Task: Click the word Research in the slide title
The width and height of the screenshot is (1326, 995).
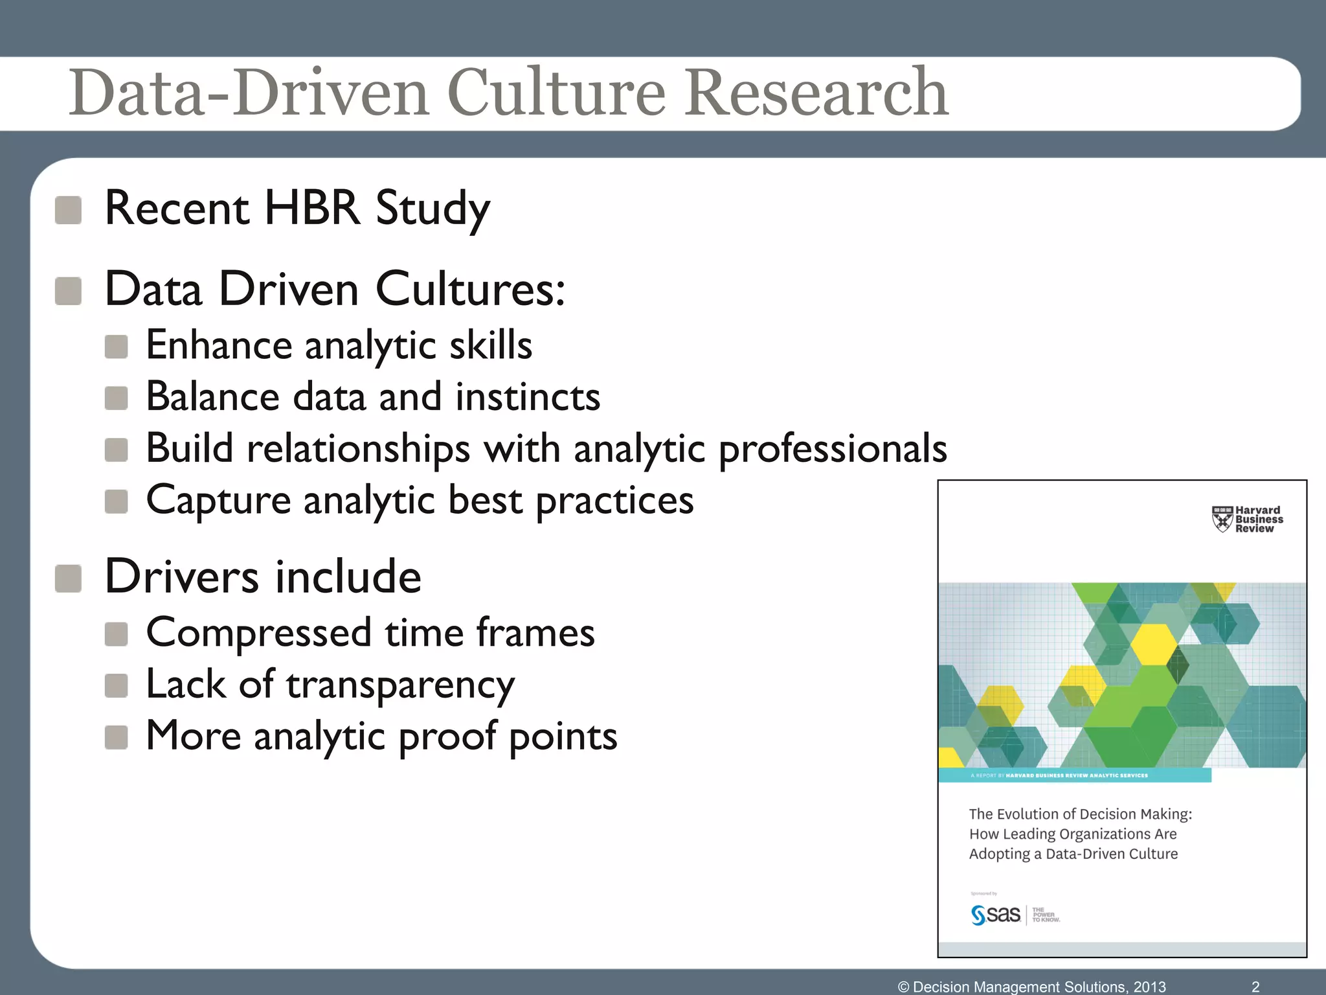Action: pyautogui.click(x=817, y=93)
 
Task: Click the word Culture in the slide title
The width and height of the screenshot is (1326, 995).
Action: pyautogui.click(x=556, y=93)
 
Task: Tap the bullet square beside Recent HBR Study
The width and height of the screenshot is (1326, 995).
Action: pyautogui.click(x=68, y=211)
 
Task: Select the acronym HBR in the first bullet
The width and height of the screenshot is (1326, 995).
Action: pyautogui.click(x=312, y=209)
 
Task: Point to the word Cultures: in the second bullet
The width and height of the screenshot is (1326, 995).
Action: pyautogui.click(x=470, y=290)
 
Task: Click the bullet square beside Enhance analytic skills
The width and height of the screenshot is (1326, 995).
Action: pyautogui.click(x=117, y=347)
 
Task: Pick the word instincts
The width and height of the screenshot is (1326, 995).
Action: pyautogui.click(x=528, y=396)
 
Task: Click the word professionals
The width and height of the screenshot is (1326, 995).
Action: pyautogui.click(x=833, y=449)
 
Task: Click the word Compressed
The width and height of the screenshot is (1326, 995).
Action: pyautogui.click(x=259, y=632)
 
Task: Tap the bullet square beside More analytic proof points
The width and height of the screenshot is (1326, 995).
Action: pyautogui.click(x=117, y=737)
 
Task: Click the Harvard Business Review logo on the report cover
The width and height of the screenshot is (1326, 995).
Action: pyautogui.click(x=1247, y=520)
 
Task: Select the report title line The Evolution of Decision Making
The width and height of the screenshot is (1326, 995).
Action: pyautogui.click(x=1080, y=814)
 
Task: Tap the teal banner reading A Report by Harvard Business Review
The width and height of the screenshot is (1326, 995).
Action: pyautogui.click(x=1075, y=775)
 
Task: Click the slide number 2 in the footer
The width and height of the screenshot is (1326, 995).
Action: pyautogui.click(x=1255, y=986)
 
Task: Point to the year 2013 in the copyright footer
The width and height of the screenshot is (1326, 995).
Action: pyautogui.click(x=1149, y=987)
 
